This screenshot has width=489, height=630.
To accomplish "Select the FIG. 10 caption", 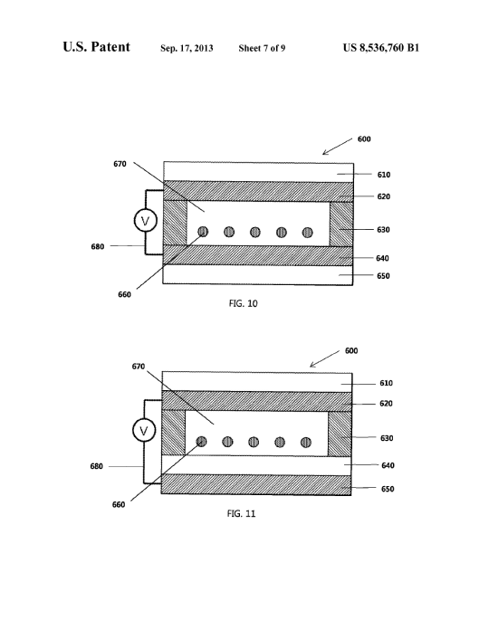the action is [x=243, y=303].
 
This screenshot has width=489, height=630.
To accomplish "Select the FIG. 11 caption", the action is [x=241, y=513].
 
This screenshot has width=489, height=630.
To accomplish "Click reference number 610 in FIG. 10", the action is [x=384, y=175].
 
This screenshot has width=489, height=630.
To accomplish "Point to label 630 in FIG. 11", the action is [x=387, y=438].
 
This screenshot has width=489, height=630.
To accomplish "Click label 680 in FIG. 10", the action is [x=97, y=246].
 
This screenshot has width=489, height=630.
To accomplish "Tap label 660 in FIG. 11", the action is [x=119, y=505].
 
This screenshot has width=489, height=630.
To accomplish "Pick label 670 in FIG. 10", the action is [x=120, y=164].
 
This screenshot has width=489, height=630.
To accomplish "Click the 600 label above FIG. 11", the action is [x=351, y=351].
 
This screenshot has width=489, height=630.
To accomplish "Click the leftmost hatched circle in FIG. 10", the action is [x=203, y=232].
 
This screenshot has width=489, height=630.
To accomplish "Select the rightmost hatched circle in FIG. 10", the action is [x=307, y=233].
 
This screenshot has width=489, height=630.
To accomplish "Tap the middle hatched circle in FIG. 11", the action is [x=254, y=442].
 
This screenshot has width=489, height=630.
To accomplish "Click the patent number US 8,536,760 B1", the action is [x=381, y=48].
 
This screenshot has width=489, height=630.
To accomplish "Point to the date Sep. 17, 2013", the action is [x=187, y=48].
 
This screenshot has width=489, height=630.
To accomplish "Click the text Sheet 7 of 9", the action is [x=262, y=48].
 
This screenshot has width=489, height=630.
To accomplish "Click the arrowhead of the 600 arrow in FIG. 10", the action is [x=323, y=154].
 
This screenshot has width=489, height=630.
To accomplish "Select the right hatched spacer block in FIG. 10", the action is [x=341, y=224].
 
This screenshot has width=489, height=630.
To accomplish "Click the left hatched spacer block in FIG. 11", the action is [x=173, y=433].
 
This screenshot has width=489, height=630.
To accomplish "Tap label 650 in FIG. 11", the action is [x=388, y=489].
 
